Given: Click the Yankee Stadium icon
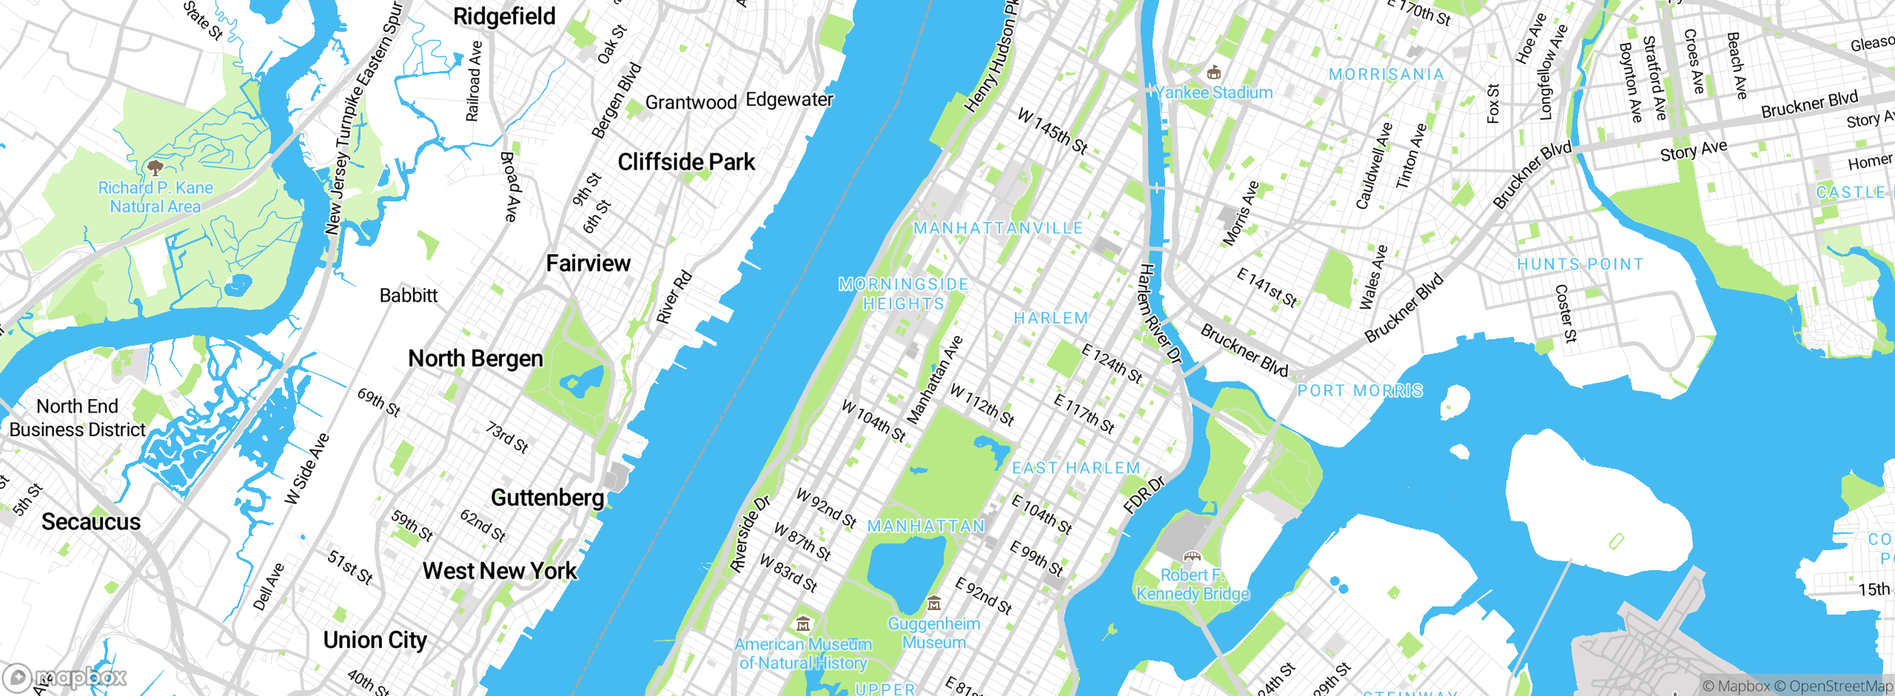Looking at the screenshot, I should [1213, 73].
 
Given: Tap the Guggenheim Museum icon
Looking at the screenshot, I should [934, 603].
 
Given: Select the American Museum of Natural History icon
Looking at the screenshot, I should [803, 624].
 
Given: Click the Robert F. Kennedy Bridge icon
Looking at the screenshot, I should [1192, 556].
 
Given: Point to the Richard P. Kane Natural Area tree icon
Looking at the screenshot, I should [155, 166].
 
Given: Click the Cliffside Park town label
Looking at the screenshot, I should [686, 162].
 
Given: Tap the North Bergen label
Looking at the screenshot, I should [475, 359].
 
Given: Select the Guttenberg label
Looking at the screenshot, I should [547, 498].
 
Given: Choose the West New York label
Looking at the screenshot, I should [499, 572].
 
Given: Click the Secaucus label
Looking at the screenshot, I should [91, 522].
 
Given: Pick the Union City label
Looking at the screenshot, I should [375, 640].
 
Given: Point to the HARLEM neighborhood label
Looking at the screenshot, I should [1050, 318].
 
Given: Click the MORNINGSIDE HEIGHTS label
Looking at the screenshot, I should [903, 294].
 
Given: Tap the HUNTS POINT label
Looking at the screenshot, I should [1580, 264].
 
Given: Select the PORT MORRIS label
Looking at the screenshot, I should [1360, 391].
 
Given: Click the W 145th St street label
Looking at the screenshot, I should [1052, 131].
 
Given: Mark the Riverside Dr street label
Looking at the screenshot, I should [750, 534].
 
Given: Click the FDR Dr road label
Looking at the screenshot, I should [1144, 495].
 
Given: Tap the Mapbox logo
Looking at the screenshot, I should [65, 677].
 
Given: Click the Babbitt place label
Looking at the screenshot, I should [409, 295].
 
